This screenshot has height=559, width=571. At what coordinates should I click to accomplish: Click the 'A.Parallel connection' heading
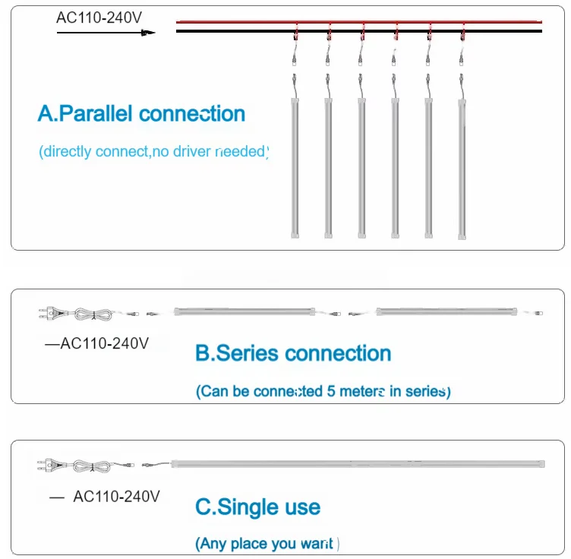pos(141,114)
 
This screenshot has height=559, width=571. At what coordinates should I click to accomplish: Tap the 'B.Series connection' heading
pos(293,353)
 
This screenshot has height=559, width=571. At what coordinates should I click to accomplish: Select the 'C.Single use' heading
pos(258,507)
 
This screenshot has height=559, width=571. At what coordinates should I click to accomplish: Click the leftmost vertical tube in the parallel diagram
pos(295,167)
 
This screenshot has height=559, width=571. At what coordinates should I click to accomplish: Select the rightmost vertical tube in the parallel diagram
pos(462,167)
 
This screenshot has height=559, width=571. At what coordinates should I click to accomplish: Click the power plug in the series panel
pos(50,312)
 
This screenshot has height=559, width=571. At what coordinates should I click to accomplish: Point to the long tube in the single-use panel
pos(357,462)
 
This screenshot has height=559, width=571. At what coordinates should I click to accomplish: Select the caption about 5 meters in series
pos(323,392)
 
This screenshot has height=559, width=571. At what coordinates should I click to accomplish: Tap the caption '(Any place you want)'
pos(267,543)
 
